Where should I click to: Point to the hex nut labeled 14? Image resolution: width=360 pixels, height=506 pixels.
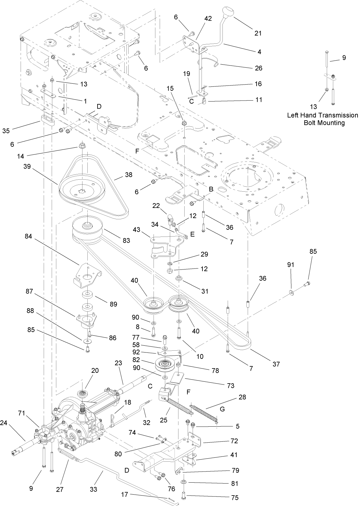[82, 145]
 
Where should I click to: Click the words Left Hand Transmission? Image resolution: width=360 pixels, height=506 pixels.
[322, 115]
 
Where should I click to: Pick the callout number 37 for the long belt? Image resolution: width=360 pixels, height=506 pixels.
[276, 364]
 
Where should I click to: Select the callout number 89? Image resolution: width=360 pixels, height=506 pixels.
[113, 304]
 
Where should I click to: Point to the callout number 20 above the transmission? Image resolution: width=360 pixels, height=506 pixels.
[95, 370]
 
